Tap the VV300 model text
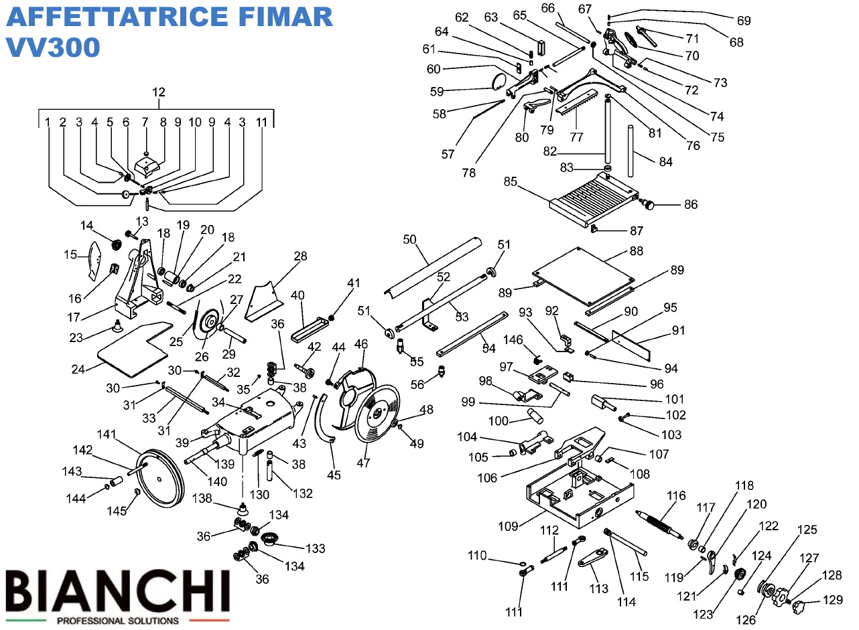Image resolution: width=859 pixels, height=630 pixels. (x=53, y=47)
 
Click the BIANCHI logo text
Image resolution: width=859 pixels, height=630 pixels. (x=118, y=590)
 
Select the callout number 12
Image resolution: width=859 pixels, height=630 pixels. (x=158, y=92)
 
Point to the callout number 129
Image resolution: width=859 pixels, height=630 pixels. (x=833, y=600)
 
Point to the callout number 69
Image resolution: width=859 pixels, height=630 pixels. (x=744, y=20)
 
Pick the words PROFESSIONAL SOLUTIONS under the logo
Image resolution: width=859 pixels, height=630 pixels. (x=118, y=621)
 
